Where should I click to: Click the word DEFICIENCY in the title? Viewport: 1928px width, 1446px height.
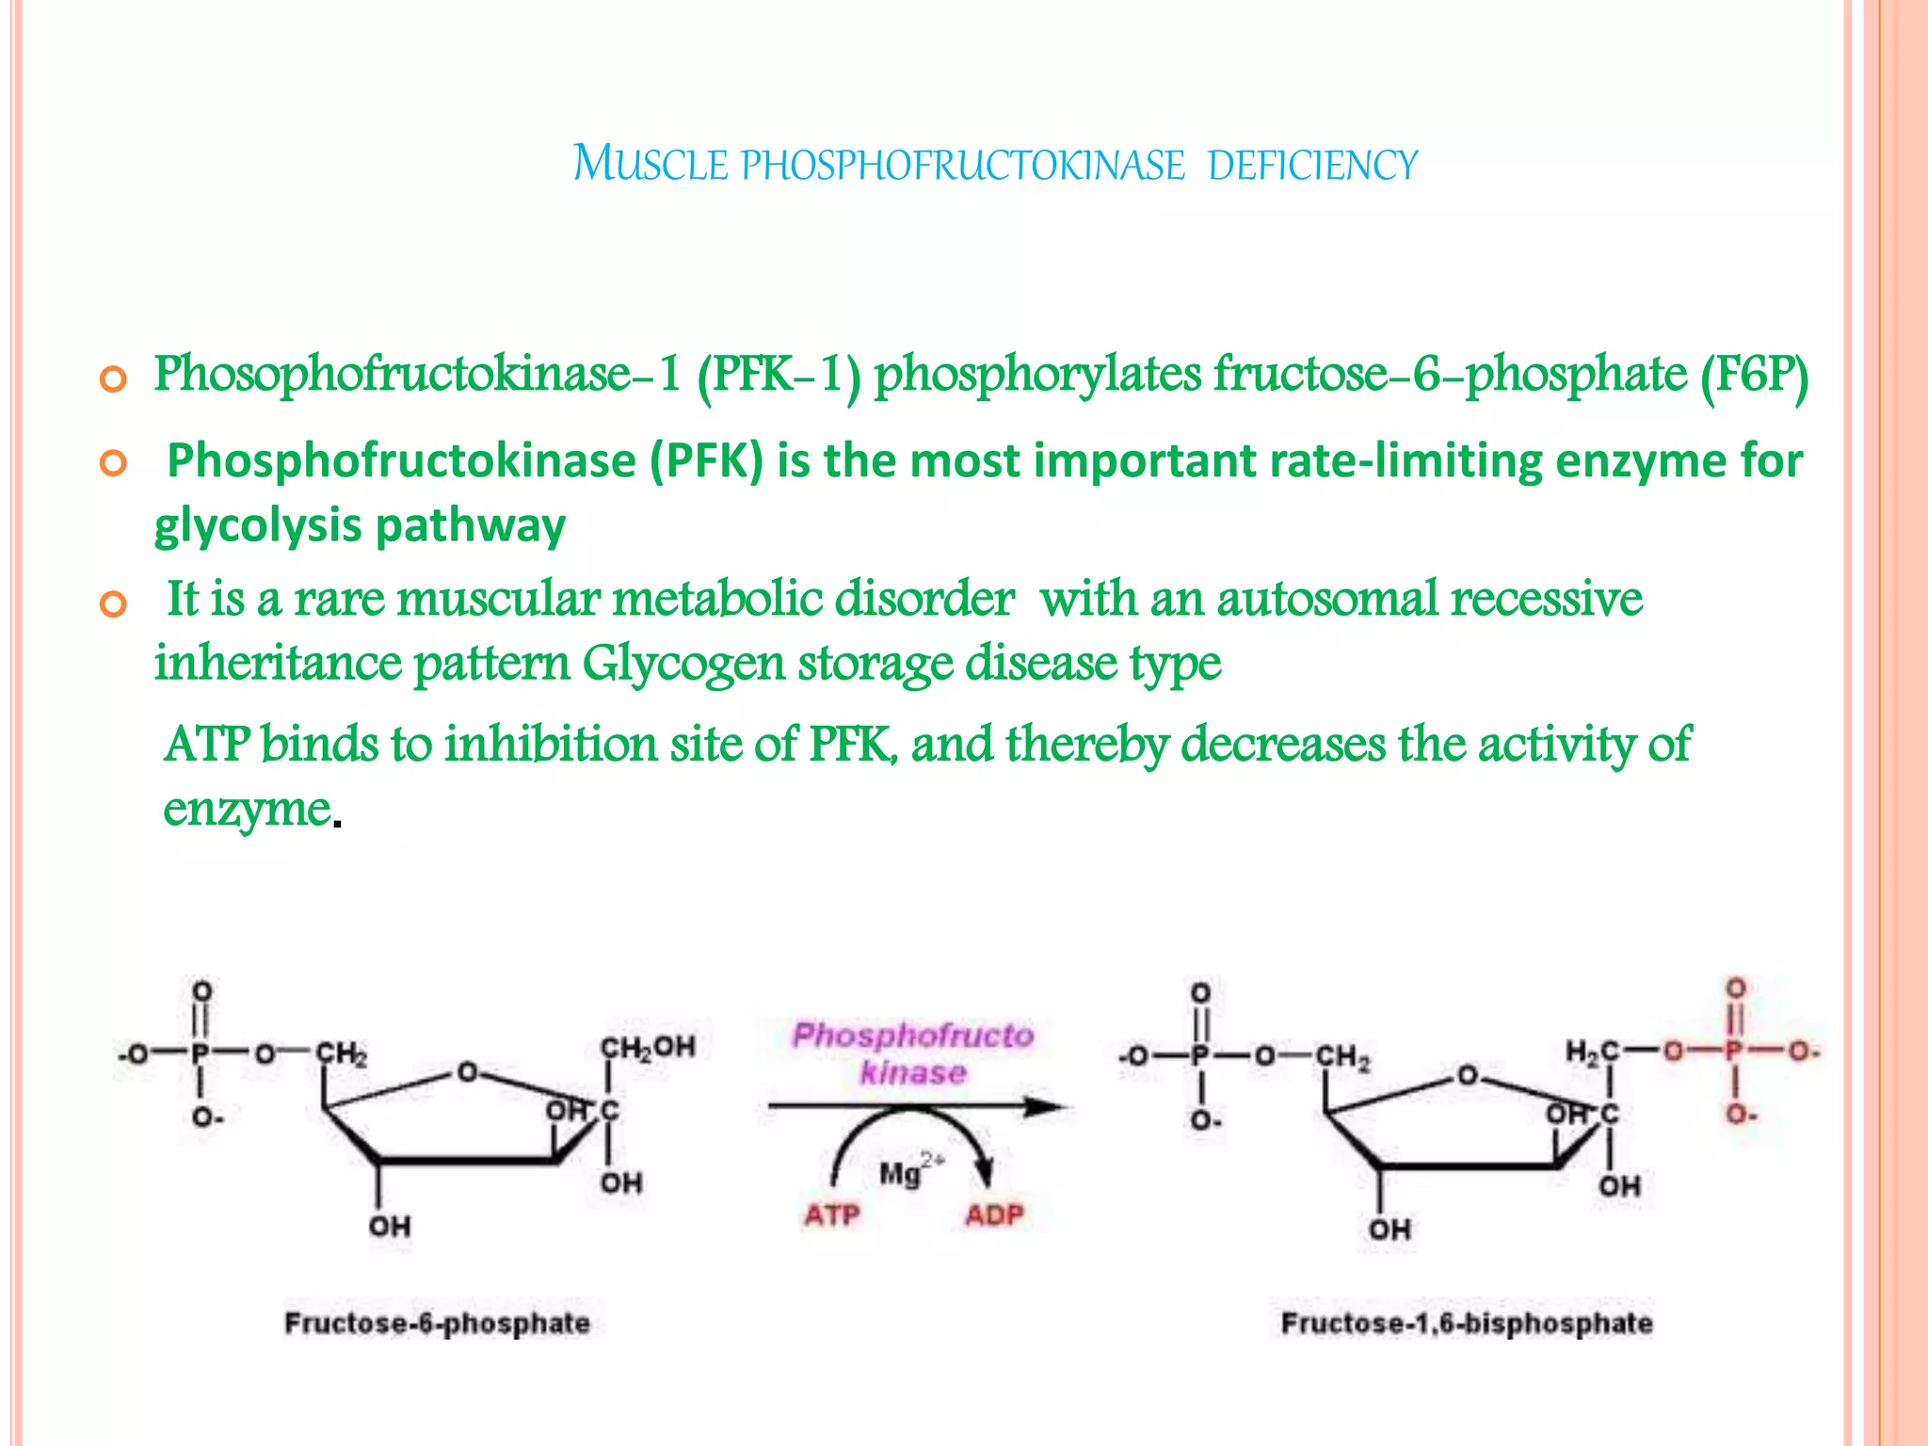pos(1312,165)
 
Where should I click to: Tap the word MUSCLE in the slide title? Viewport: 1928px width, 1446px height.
pos(651,163)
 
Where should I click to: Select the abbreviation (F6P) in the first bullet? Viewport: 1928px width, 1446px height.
pos(1755,375)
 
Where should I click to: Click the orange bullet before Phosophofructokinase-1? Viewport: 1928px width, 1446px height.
pos(113,381)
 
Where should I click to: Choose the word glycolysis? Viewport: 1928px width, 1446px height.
pos(257,526)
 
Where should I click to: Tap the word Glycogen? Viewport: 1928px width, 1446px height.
pos(683,664)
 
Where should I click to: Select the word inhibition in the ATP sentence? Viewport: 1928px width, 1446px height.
pos(551,745)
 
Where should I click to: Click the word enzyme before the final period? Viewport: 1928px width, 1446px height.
pos(247,809)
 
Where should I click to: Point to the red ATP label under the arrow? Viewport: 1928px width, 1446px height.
pos(831,1215)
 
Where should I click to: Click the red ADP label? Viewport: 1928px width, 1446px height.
pos(993,1215)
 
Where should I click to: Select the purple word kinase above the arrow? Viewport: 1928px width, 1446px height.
pos(913,1072)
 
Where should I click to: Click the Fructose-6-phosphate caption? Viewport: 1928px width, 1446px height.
pos(437,1323)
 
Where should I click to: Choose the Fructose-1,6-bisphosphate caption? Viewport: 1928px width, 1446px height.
pos(1466,1323)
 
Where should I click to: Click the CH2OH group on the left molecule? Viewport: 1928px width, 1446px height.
pos(648,1047)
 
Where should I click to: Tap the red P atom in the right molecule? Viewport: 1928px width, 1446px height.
pos(1734,1051)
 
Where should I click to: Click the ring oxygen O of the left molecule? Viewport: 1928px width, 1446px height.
pos(468,1072)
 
